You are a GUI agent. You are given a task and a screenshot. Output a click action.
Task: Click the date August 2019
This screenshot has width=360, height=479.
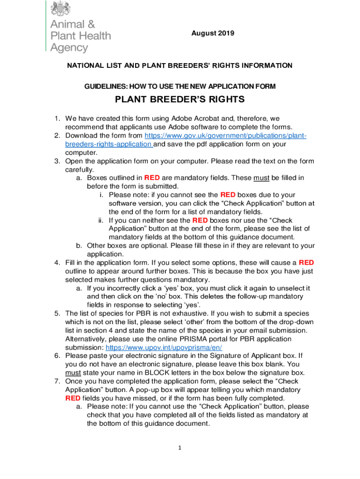click(x=212, y=33)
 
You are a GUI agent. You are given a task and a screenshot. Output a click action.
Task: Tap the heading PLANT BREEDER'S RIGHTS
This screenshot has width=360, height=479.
click(x=180, y=100)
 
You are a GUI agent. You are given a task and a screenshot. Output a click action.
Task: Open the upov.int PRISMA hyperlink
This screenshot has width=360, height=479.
click(x=164, y=348)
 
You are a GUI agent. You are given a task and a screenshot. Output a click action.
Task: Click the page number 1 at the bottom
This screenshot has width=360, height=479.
click(x=179, y=448)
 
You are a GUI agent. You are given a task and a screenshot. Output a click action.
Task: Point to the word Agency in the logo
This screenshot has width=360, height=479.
click(x=69, y=47)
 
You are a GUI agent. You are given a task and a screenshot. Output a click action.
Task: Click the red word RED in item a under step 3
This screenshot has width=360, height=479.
click(x=152, y=178)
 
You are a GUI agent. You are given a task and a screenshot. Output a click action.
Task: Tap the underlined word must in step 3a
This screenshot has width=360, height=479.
click(x=260, y=178)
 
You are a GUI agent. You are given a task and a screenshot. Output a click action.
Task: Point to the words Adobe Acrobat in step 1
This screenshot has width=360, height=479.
click(x=196, y=119)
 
